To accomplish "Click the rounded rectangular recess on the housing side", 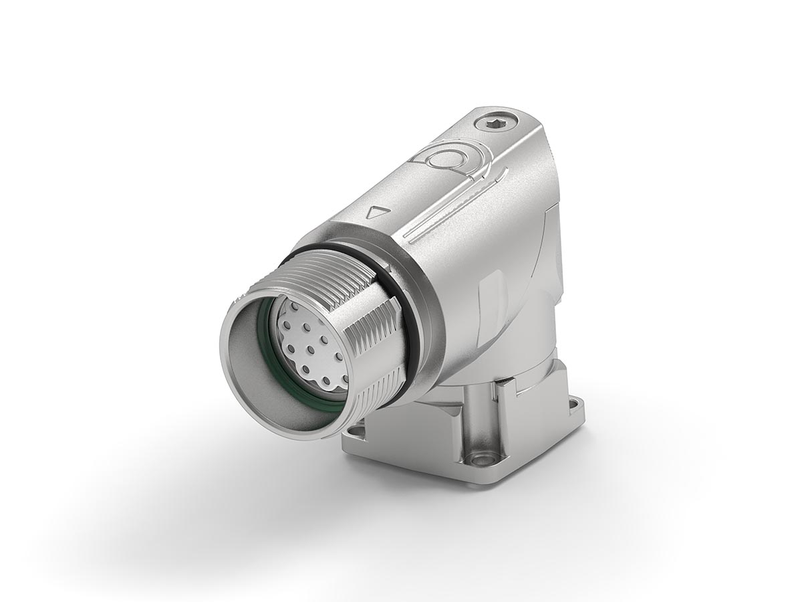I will pos(491,294).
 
